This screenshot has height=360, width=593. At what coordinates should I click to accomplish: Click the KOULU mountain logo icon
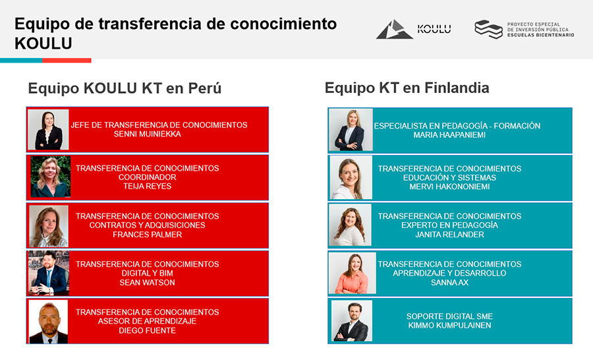(x=394, y=30)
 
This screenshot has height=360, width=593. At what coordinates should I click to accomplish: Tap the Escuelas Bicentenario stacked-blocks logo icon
(x=489, y=29)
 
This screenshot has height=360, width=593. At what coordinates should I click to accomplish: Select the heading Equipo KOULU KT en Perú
(x=125, y=88)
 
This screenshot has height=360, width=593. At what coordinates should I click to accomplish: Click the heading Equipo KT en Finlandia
(x=407, y=88)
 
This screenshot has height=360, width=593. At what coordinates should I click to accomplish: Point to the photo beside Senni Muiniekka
(x=48, y=129)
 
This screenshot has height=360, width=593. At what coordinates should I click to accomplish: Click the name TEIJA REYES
(x=147, y=186)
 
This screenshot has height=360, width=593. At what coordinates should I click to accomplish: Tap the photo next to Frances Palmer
(x=49, y=226)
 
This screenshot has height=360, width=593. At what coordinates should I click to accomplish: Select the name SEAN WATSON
(x=147, y=282)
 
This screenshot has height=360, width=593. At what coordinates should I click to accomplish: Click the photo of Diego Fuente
(x=48, y=322)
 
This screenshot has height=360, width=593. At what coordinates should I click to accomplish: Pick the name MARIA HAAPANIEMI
(x=449, y=135)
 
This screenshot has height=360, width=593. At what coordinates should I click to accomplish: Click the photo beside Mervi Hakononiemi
(x=351, y=177)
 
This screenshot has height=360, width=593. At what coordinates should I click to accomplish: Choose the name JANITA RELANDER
(x=449, y=235)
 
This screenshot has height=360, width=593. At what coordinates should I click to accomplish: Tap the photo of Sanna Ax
(x=353, y=274)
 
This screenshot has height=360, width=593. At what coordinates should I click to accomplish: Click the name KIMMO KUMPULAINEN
(x=449, y=326)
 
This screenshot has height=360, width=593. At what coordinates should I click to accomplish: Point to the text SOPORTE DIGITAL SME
(x=449, y=316)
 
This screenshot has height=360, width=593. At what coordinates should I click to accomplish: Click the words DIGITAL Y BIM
(x=147, y=274)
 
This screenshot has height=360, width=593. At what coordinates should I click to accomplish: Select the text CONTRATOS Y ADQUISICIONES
(x=147, y=225)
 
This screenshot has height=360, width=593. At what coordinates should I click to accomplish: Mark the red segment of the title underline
(x=67, y=61)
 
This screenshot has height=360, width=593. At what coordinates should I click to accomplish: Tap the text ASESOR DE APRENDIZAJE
(x=147, y=321)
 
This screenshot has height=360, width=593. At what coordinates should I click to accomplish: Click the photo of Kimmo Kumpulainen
(x=352, y=321)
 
